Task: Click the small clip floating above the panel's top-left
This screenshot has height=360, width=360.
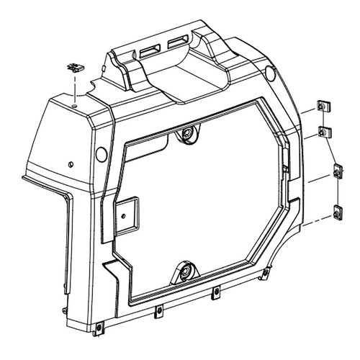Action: pos(74,68)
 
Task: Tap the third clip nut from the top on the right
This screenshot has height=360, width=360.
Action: pos(338,174)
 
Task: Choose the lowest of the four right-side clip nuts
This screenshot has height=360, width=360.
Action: pos(337,214)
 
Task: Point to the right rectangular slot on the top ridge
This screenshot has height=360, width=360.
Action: pos(176,45)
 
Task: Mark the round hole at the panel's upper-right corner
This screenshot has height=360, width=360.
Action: pos(271,72)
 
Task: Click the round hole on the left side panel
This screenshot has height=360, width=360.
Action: pos(100,152)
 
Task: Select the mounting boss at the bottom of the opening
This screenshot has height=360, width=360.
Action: pos(186,272)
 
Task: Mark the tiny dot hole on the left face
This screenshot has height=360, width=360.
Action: pos(70,163)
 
